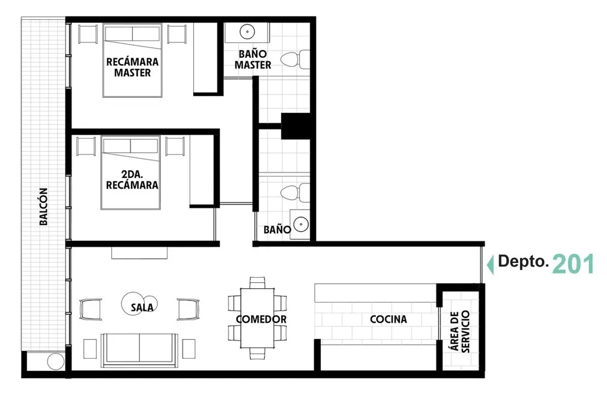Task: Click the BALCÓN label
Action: (x=43, y=207)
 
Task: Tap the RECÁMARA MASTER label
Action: (x=133, y=67)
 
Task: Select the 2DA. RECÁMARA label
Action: (x=132, y=179)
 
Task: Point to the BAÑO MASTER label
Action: (x=253, y=59)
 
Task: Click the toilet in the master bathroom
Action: (x=295, y=59)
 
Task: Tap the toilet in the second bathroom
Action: (x=295, y=193)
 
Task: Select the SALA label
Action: (x=142, y=308)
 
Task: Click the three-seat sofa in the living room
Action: (x=139, y=350)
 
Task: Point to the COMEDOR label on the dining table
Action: (x=261, y=320)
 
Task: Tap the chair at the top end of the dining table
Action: (x=257, y=282)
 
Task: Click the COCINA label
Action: (x=389, y=320)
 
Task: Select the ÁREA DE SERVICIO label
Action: (x=460, y=332)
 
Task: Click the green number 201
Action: (x=573, y=265)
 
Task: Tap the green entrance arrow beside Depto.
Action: (x=490, y=265)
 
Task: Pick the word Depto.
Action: (x=523, y=261)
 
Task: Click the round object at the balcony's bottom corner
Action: (x=56, y=361)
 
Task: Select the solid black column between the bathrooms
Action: (x=296, y=126)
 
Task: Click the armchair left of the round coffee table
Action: (x=91, y=309)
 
